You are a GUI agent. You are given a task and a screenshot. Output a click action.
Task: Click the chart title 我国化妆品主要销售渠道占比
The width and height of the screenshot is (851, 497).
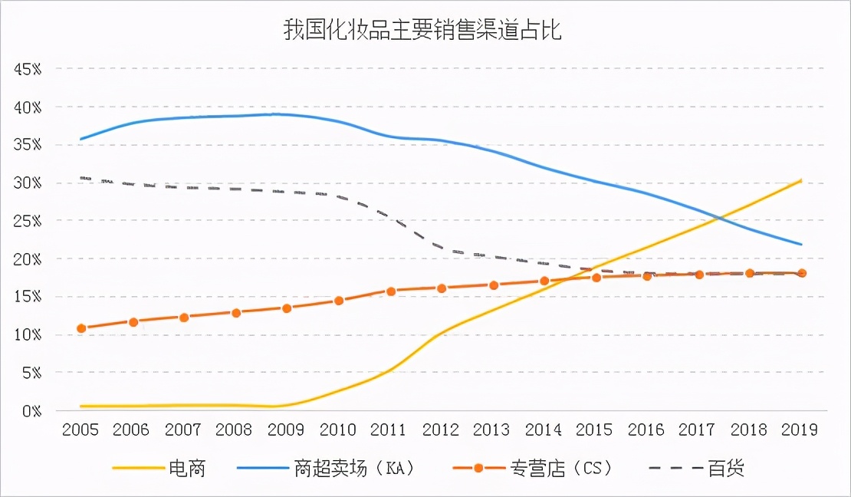(424, 31)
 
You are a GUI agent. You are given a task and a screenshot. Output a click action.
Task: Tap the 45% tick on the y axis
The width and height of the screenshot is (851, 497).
(28, 69)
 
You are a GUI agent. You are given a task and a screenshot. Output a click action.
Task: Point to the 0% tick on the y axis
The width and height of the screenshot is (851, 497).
(31, 411)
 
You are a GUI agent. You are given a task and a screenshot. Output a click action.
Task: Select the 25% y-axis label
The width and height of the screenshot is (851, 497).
(28, 221)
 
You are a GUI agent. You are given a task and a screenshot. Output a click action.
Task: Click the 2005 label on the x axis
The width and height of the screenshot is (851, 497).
(80, 430)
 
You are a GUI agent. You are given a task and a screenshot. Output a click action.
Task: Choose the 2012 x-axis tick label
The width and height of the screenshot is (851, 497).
(441, 430)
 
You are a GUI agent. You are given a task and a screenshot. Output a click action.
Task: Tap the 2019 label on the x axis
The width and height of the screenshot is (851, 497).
(800, 430)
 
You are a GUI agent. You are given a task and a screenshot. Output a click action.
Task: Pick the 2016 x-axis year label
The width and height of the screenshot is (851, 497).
(646, 430)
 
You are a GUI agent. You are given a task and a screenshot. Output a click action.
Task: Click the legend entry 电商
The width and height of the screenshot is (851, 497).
(187, 468)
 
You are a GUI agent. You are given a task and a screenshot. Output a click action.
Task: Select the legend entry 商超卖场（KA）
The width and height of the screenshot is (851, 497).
(354, 468)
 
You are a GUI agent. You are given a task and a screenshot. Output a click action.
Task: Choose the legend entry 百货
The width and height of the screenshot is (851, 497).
(725, 468)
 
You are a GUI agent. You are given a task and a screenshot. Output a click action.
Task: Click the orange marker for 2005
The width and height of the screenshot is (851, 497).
(81, 328)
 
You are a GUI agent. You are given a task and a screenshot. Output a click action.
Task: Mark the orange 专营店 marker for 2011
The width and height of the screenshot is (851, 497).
(390, 291)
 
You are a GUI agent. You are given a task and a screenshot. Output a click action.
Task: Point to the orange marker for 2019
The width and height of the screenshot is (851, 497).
(801, 273)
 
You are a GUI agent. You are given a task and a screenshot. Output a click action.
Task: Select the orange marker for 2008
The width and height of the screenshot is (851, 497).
(236, 313)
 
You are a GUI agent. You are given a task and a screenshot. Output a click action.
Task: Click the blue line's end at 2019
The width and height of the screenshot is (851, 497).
(801, 245)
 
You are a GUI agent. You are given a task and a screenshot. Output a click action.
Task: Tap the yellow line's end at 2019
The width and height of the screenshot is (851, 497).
(801, 180)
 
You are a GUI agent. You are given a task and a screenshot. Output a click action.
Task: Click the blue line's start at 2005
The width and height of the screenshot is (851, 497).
(81, 139)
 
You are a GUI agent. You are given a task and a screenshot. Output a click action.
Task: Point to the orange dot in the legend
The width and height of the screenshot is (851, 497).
(478, 468)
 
